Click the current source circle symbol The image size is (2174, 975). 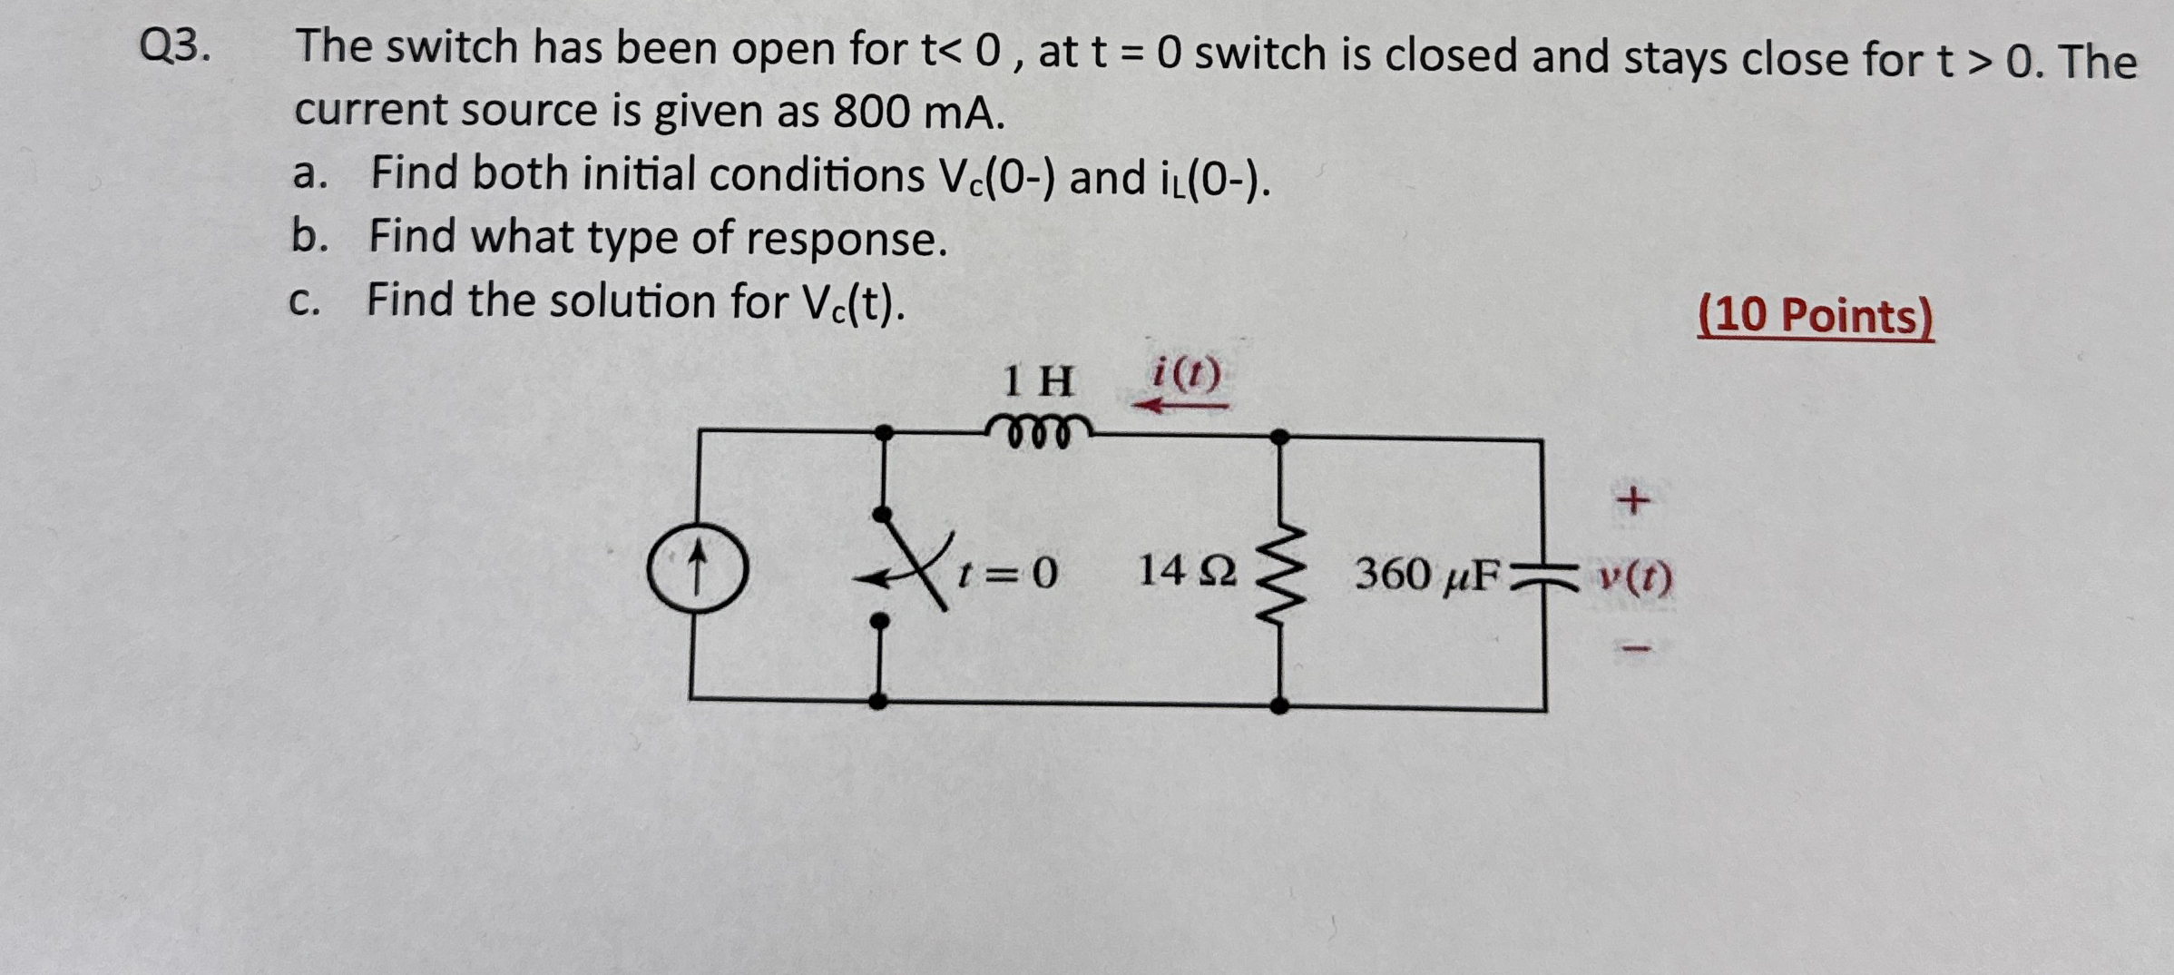[x=697, y=569]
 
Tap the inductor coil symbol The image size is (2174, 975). [x=1039, y=430]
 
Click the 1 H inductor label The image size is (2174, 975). [x=1038, y=381]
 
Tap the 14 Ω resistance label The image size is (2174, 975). [x=1186, y=572]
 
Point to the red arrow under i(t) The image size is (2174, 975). [x=1180, y=405]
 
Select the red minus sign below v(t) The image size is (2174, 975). [x=1633, y=648]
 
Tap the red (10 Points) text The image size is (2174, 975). [x=1815, y=316]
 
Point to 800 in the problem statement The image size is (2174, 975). [x=871, y=113]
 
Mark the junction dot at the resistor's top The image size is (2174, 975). [x=1279, y=438]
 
